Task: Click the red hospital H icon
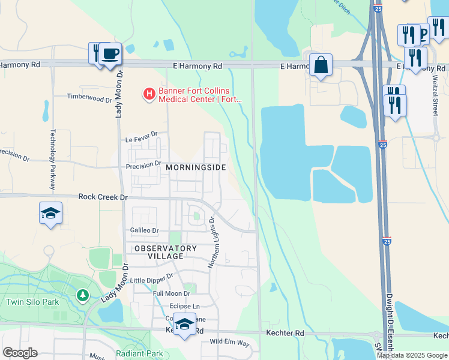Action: [x=148, y=94]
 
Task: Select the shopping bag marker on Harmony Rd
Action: [x=321, y=65]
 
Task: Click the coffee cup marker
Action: [x=110, y=53]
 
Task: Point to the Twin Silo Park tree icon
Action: [x=82, y=295]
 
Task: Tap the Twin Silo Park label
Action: [x=33, y=302]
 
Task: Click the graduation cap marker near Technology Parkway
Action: [x=51, y=213]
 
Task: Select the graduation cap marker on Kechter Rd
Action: [x=184, y=325]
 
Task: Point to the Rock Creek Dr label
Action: [x=103, y=197]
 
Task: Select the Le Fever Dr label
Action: [x=141, y=139]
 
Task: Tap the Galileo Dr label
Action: [x=144, y=230]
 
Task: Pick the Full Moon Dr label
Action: [x=171, y=293]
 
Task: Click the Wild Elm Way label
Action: [x=229, y=343]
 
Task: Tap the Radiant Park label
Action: [x=139, y=353]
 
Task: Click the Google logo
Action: [x=20, y=353]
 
